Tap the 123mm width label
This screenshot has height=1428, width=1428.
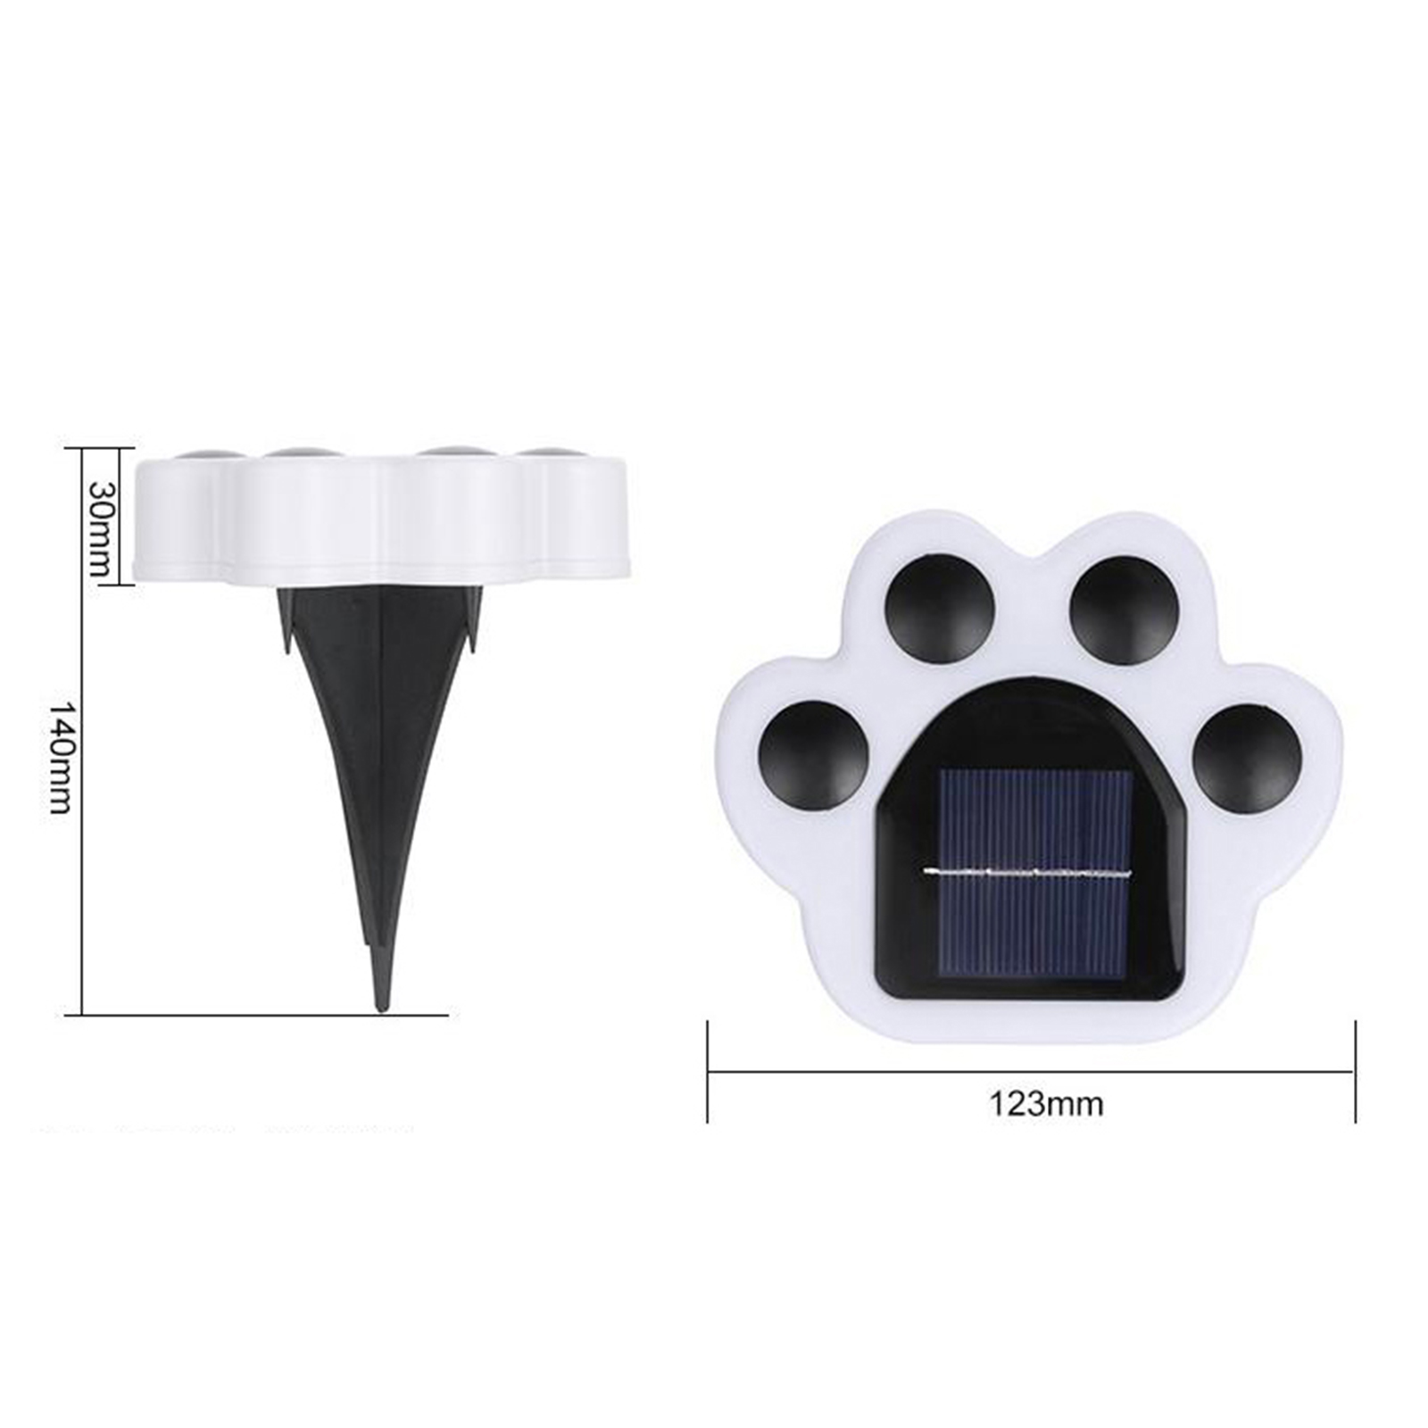(1046, 1104)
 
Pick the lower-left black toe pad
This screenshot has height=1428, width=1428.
(813, 755)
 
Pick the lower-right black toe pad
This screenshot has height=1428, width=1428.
(1249, 759)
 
